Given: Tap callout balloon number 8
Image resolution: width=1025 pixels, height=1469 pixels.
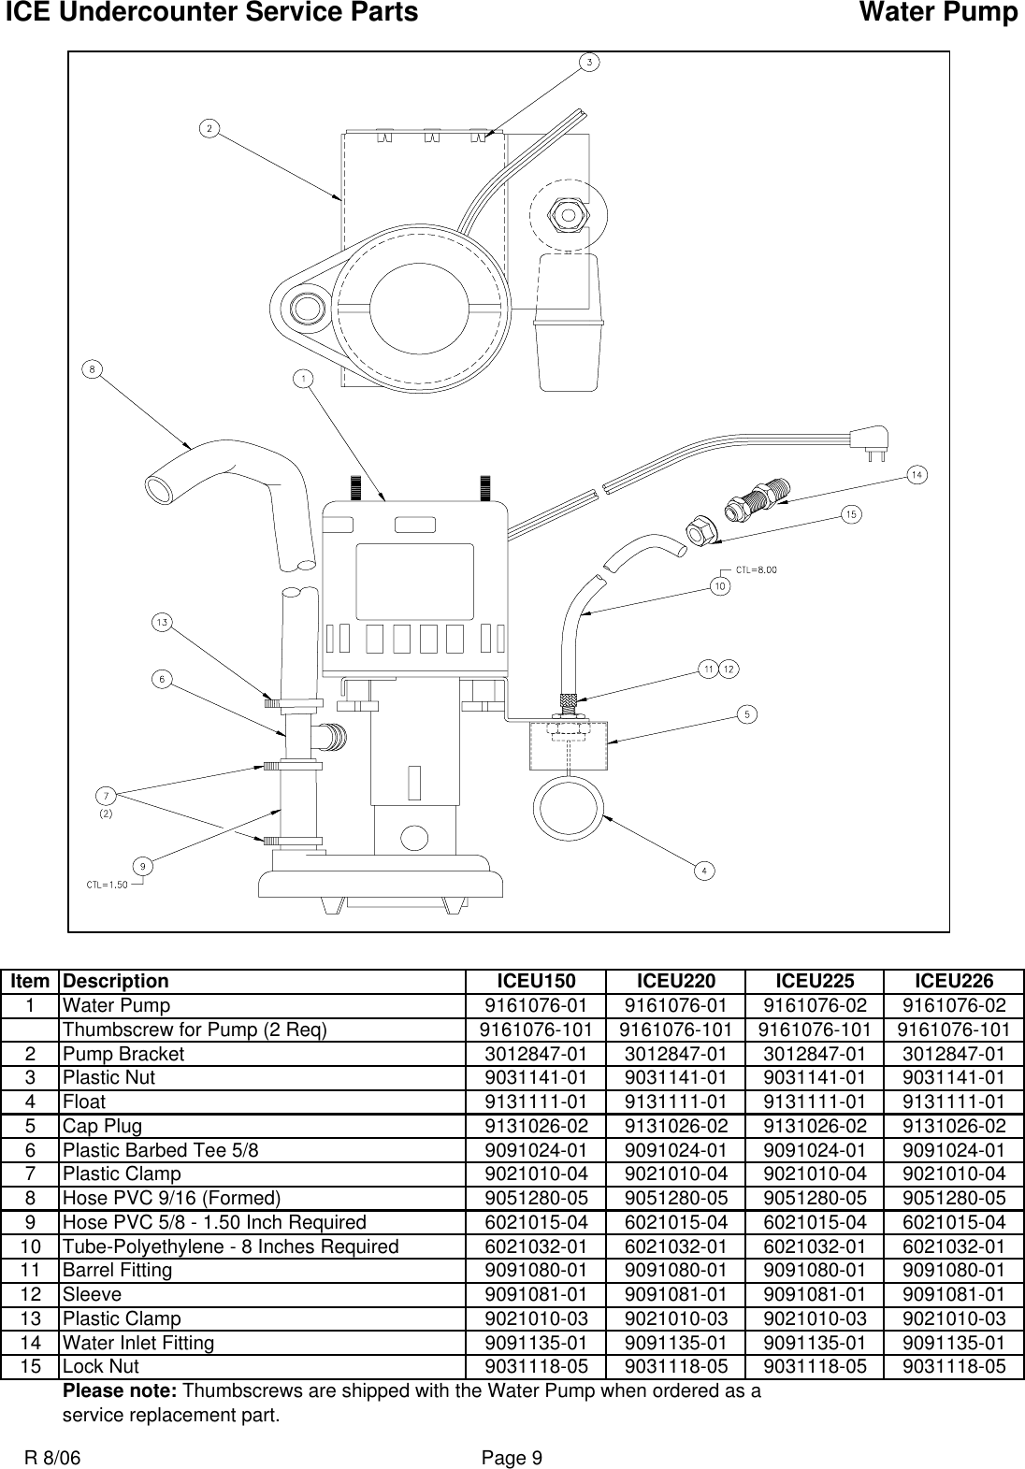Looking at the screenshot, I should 91,369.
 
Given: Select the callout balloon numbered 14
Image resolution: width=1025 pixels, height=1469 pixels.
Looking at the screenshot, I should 917,476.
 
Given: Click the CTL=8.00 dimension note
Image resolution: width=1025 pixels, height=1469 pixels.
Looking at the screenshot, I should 757,569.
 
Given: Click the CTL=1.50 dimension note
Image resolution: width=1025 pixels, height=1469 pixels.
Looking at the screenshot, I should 108,886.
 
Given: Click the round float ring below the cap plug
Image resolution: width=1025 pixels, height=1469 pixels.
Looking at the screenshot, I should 567,801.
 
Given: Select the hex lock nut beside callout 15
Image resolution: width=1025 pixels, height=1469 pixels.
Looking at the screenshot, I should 700,530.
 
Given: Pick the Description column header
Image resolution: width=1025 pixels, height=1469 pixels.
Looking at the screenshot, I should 116,982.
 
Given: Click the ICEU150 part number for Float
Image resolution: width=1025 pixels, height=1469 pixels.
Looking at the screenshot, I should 536,1102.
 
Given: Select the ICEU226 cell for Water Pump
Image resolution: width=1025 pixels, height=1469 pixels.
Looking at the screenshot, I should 954,1006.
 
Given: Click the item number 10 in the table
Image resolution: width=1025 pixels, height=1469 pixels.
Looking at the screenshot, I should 31,1246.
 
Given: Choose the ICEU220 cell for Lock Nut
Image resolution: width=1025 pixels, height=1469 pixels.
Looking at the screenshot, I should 675,1366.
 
